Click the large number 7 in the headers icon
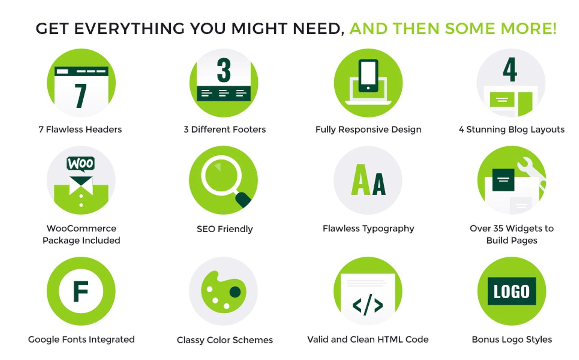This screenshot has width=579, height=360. (x=81, y=96)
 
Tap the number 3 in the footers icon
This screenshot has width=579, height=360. (x=224, y=70)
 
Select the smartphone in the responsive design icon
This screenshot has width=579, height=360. (x=368, y=76)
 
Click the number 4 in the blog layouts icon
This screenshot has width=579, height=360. (x=510, y=69)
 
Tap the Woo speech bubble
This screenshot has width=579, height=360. (x=81, y=164)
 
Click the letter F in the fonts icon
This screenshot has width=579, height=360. (x=81, y=291)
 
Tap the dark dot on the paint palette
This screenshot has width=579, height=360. (x=235, y=292)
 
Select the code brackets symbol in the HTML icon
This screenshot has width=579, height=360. (x=368, y=305)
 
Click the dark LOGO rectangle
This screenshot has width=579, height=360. (x=512, y=291)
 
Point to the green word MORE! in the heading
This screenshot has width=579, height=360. (x=528, y=28)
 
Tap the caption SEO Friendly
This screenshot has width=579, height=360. (x=225, y=229)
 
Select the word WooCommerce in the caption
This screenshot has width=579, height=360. (x=81, y=228)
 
